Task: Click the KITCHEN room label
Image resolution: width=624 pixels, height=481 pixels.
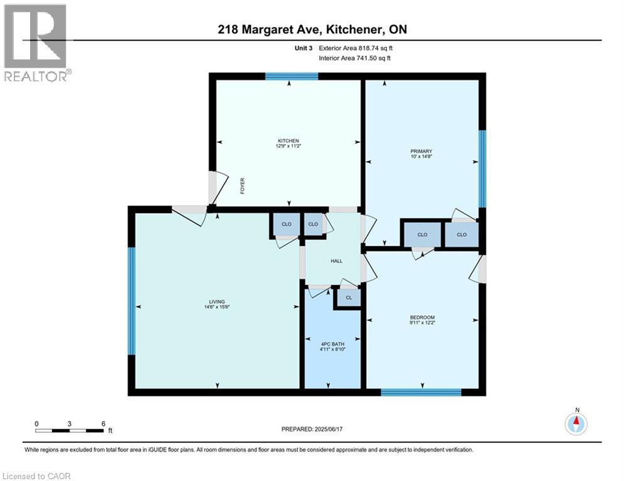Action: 288,140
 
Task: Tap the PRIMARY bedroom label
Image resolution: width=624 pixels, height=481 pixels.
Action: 421,151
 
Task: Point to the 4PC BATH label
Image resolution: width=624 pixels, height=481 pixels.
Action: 332,343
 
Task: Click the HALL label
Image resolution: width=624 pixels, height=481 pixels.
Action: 337,261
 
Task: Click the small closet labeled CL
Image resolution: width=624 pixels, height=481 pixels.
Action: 349,298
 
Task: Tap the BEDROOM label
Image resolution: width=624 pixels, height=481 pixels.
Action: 421,317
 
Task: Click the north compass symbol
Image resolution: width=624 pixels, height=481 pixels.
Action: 576,424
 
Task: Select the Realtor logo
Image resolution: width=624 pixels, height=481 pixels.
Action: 36,43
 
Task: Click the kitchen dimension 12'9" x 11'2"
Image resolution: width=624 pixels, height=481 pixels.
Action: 288,147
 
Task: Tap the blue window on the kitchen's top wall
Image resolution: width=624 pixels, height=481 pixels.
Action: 291,76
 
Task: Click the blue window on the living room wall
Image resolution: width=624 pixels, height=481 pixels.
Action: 132,301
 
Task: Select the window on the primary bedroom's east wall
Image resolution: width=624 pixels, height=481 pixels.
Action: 482,168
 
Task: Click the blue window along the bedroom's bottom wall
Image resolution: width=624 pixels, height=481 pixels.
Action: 421,393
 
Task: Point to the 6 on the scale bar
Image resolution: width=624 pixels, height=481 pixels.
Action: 103,423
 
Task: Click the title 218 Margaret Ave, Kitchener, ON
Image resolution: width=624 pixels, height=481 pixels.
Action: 312,29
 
